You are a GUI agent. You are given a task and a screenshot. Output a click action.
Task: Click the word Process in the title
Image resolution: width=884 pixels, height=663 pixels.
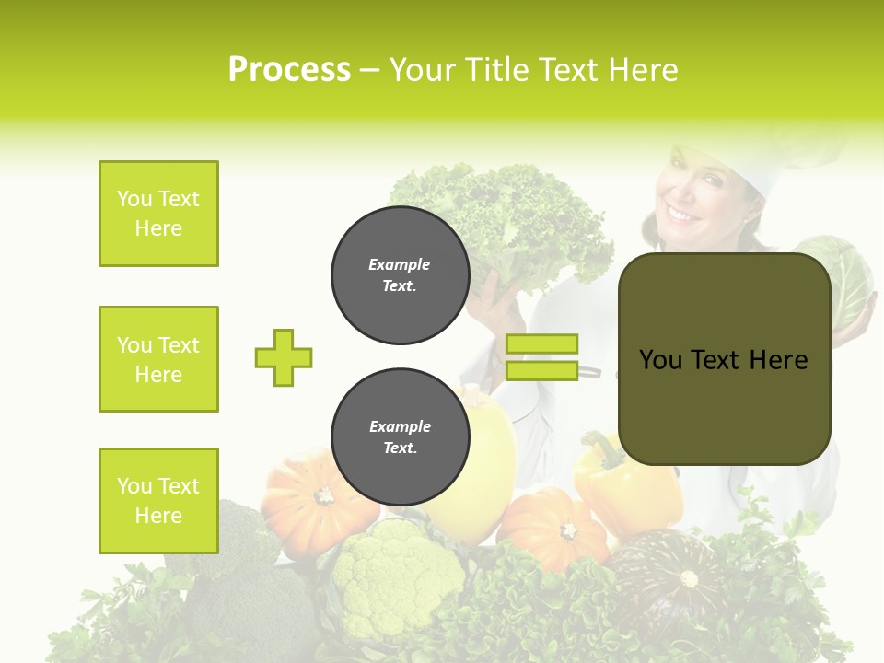coord(289,70)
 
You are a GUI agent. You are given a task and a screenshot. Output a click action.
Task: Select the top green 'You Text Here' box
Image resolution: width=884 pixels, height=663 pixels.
coord(158,214)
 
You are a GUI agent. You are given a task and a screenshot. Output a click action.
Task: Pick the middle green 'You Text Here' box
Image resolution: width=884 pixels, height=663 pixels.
coord(158,359)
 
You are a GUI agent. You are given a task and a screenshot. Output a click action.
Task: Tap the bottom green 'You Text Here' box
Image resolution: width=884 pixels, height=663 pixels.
coord(158,500)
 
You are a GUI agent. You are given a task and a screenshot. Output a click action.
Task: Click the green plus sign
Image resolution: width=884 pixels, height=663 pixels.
coord(284,357)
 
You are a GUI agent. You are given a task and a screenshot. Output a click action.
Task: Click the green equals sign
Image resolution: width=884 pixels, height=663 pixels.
coord(541,357)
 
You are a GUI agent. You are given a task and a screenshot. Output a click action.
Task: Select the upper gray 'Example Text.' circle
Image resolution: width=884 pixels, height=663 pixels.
coord(400,275)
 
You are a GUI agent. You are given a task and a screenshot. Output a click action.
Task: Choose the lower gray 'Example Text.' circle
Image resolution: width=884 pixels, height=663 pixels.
coord(400,436)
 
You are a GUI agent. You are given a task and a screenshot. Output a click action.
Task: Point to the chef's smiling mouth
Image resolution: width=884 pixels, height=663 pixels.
coord(683,214)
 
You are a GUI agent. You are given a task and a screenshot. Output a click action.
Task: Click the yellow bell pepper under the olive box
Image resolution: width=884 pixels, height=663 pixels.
coord(626,488)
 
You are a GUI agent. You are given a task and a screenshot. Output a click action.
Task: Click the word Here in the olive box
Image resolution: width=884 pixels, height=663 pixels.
coord(778,360)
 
